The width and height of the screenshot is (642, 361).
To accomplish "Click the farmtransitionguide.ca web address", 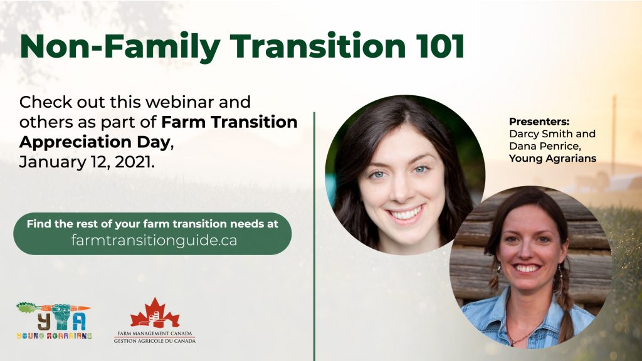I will [154, 241].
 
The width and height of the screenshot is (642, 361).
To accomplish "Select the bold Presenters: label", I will [535, 122].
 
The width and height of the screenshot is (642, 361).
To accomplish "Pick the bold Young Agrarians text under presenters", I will [552, 158].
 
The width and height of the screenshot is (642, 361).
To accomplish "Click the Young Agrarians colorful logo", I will [54, 321].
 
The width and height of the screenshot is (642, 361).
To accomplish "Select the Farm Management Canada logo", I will [154, 321].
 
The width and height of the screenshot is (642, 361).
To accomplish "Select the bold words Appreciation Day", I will [93, 142].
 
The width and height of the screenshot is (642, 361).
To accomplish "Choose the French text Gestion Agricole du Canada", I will [154, 340].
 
